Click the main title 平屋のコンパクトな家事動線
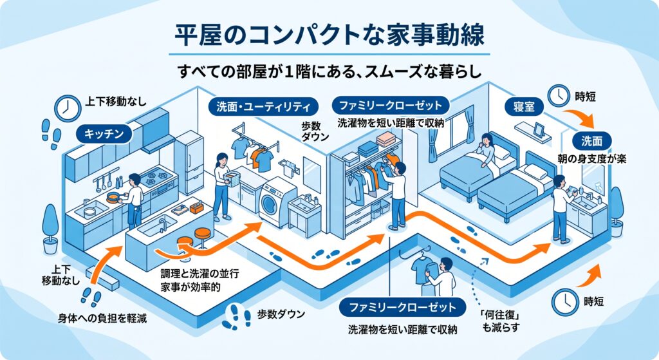329,36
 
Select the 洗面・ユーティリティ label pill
263,107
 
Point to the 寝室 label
524,107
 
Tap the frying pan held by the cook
113,197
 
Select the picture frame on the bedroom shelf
539,129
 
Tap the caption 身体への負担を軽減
102,318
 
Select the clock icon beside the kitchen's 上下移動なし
68,108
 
